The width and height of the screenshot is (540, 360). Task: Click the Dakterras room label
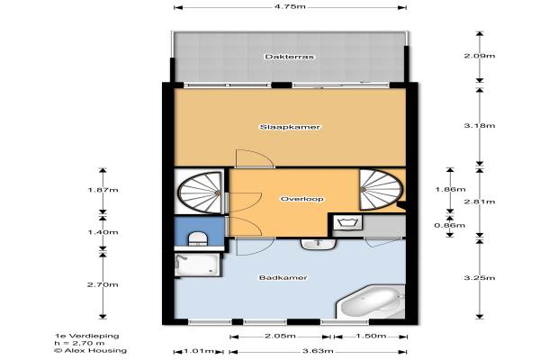pyautogui.click(x=289, y=57)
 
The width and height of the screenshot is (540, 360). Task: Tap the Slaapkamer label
pyautogui.click(x=290, y=127)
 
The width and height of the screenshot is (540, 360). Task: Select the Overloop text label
pyautogui.click(x=301, y=199)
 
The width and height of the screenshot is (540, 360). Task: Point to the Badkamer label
pyautogui.click(x=283, y=277)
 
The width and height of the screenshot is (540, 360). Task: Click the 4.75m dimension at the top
pyautogui.click(x=290, y=6)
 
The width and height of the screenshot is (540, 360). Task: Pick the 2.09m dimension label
pyautogui.click(x=480, y=56)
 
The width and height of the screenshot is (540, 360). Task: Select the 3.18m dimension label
pyautogui.click(x=480, y=125)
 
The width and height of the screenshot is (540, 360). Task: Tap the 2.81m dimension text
pyautogui.click(x=480, y=202)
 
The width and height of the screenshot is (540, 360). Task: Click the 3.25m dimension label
pyautogui.click(x=480, y=278)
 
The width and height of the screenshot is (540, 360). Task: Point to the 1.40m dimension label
pyautogui.click(x=103, y=232)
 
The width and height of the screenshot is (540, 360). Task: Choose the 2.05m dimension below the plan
pyautogui.click(x=280, y=336)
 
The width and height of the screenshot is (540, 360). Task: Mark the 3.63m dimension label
pyautogui.click(x=318, y=351)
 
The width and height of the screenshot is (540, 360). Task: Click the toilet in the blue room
pyautogui.click(x=197, y=238)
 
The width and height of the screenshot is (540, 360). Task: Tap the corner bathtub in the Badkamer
pyautogui.click(x=371, y=301)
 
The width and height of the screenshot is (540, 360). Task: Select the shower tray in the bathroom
pyautogui.click(x=197, y=265)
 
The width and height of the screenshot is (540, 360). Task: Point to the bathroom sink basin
pyautogui.click(x=319, y=244)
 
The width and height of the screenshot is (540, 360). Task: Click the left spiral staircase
pyautogui.click(x=200, y=193)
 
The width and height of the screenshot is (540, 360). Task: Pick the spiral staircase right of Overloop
pyautogui.click(x=381, y=190)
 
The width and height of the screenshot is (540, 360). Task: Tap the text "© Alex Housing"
pyautogui.click(x=90, y=351)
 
